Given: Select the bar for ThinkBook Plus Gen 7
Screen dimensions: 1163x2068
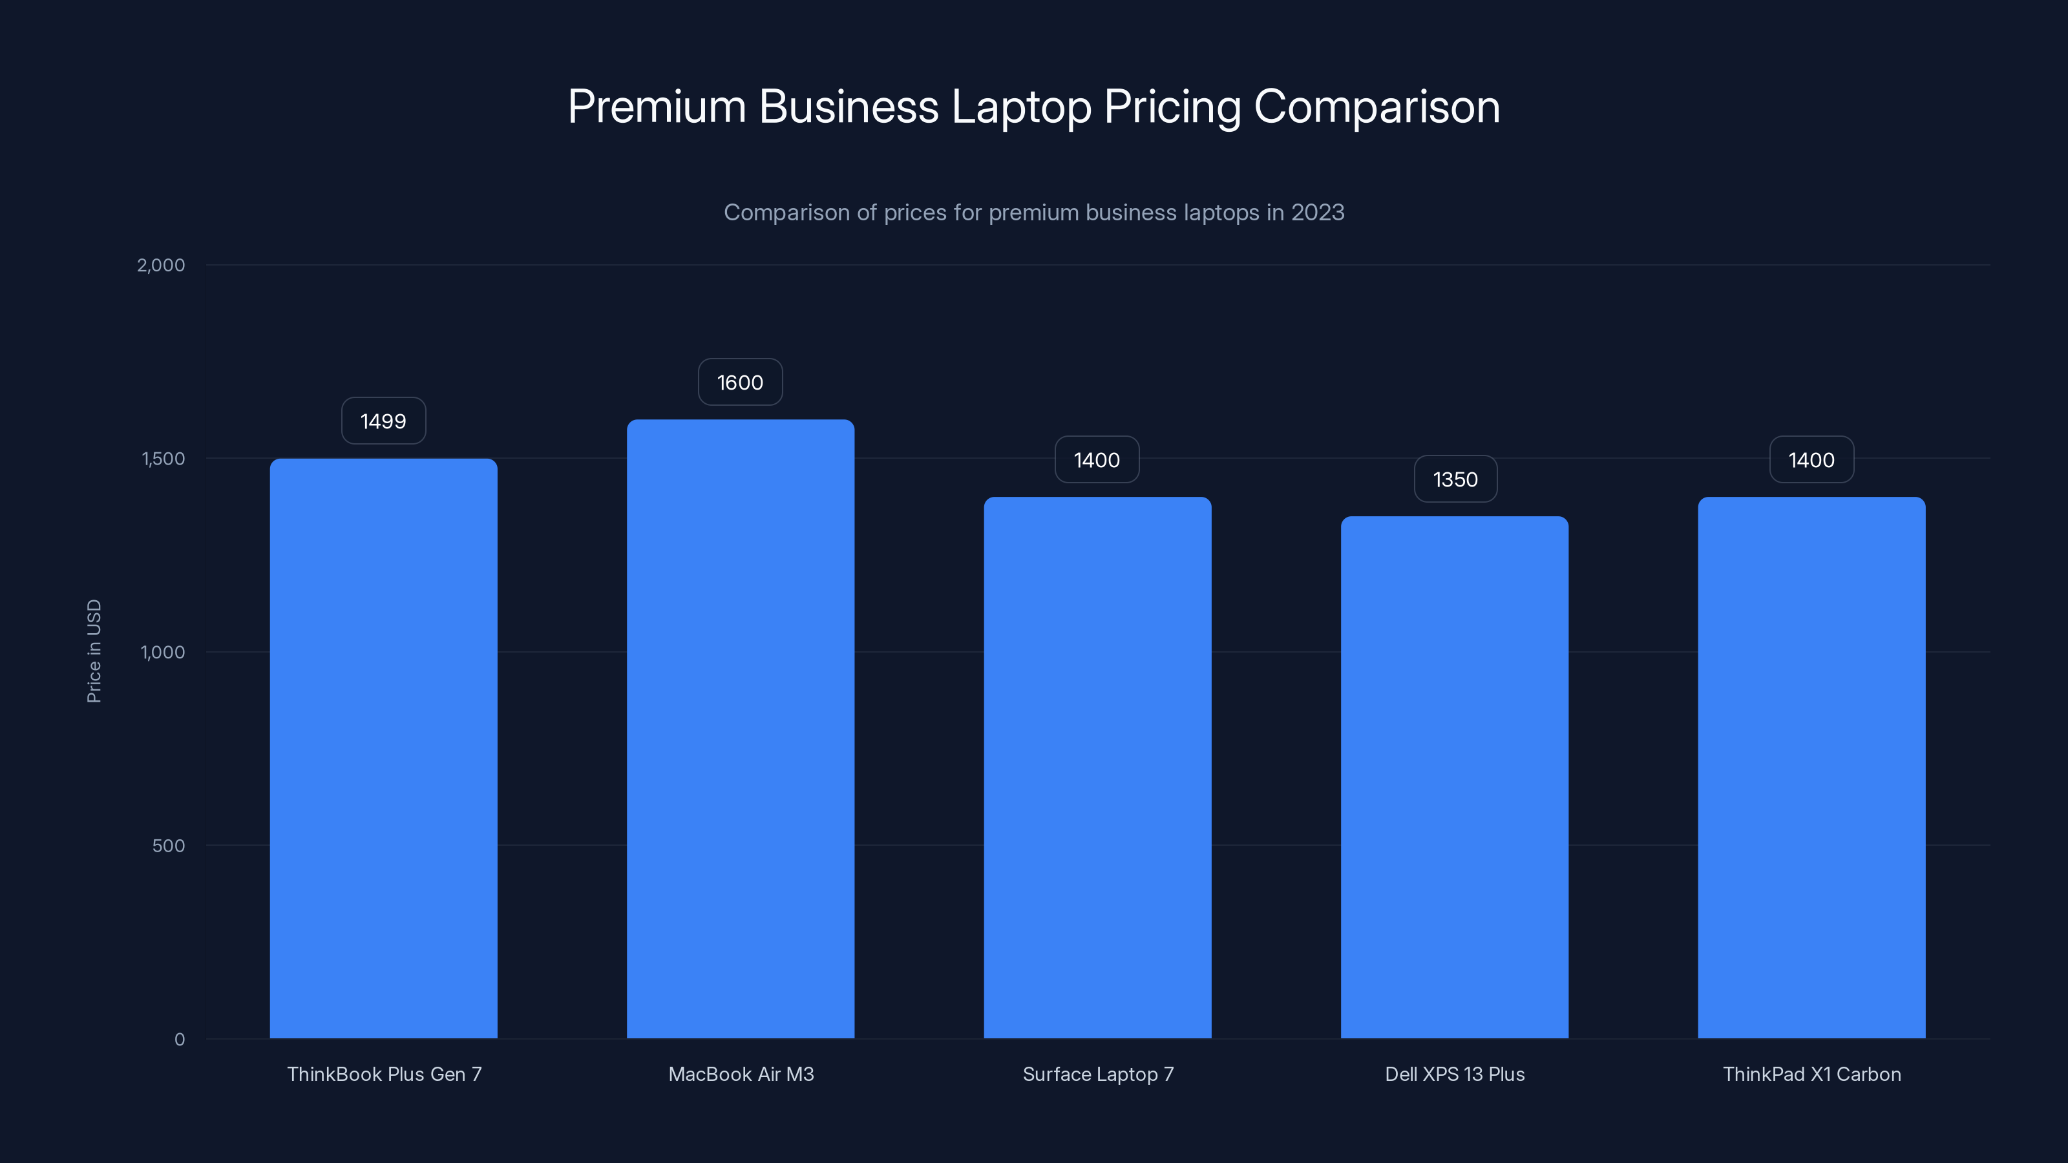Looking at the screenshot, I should [383, 748].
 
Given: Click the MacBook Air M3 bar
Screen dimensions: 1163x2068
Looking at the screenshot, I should [740, 729].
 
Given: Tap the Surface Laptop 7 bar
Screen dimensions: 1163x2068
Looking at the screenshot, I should [1097, 768].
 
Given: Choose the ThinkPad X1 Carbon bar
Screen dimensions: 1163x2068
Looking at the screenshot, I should [1811, 768].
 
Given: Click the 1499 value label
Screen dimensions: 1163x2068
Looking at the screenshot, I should [383, 421].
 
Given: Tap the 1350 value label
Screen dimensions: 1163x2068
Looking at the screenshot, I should [1455, 479].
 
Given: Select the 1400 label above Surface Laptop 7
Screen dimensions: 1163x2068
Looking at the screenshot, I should [1097, 460].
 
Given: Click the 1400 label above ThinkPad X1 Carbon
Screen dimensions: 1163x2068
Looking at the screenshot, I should [1811, 460].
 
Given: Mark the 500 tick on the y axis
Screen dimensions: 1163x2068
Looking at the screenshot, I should [168, 845].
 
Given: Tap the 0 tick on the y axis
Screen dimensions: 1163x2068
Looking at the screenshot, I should [179, 1040].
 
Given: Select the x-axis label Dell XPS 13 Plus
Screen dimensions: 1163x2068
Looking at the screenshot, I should [1455, 1074].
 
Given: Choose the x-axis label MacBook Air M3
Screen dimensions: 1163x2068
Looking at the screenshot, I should [740, 1074].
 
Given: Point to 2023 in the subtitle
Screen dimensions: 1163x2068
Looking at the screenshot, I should [1318, 212].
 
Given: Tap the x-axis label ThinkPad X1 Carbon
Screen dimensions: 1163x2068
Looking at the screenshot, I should [1811, 1074].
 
